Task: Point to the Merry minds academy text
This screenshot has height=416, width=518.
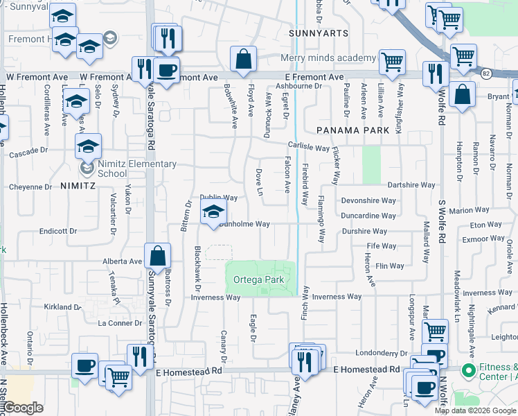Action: coord(328,58)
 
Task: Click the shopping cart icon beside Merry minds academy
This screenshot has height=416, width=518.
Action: coord(393,61)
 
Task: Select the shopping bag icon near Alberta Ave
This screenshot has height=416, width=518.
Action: coord(159,256)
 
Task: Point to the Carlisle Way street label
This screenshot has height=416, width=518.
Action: coord(309,148)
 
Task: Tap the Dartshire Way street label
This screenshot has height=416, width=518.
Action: coord(411,185)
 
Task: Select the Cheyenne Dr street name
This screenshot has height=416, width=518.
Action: coord(30,187)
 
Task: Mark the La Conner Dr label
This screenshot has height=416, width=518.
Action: coord(120,323)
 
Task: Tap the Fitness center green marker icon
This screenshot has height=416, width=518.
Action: coord(468,371)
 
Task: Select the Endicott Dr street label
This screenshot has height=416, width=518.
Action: coord(57,231)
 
